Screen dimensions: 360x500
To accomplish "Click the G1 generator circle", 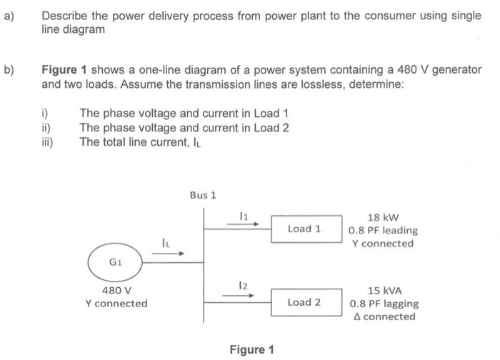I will pyautogui.click(x=116, y=262).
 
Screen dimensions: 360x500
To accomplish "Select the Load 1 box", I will pyautogui.click(x=304, y=229).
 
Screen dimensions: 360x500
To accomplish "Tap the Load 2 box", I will pyautogui.click(x=304, y=302).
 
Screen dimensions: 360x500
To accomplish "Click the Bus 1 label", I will pyautogui.click(x=203, y=194).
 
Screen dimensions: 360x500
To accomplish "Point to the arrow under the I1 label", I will pyautogui.click(x=239, y=222).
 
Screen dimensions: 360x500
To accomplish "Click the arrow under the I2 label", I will pyautogui.click(x=239, y=294).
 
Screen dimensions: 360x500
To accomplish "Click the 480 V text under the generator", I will pyautogui.click(x=116, y=291).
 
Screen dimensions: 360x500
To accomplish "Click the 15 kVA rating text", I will pyautogui.click(x=384, y=291).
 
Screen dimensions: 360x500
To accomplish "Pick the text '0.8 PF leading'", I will pyautogui.click(x=384, y=230).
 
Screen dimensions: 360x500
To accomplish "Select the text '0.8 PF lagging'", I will pyautogui.click(x=384, y=303).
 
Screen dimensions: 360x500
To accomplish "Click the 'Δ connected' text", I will pyautogui.click(x=384, y=316).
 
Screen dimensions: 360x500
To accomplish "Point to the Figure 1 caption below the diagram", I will pyautogui.click(x=251, y=349).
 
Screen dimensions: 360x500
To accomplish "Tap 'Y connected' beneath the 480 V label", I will pyautogui.click(x=116, y=303).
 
